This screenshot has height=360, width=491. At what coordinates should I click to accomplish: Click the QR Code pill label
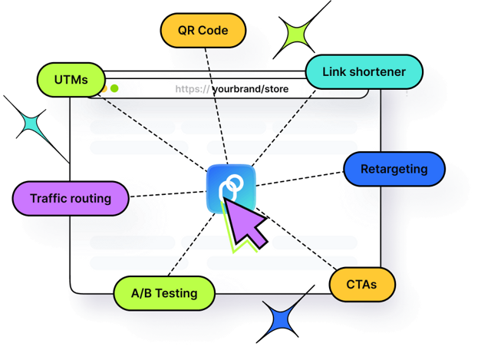point(203,31)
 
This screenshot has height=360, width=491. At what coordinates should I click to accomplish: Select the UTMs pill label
point(71,80)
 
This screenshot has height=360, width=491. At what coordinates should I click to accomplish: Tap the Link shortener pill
point(364,71)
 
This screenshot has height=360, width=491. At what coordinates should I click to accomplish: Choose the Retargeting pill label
point(394,169)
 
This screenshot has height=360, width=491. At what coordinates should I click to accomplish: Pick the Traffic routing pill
point(71,198)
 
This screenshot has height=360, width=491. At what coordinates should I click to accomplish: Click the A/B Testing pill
point(164,293)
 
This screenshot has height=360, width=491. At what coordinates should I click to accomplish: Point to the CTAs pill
point(362,285)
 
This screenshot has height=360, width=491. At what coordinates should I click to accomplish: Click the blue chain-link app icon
point(231,189)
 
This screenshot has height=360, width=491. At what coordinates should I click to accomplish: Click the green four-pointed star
point(296,35)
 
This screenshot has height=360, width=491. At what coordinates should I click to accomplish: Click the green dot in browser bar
point(114,89)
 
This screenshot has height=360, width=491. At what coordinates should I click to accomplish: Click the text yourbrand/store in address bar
point(251,89)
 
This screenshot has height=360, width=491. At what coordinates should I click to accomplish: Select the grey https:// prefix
point(193,89)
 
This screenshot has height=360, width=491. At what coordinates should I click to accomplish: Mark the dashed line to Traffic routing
point(168,193)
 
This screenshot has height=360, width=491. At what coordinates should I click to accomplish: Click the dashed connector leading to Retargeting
point(300,179)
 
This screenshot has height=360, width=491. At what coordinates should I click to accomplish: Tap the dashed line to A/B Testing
point(192,245)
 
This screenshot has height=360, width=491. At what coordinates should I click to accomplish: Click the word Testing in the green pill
point(176,293)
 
